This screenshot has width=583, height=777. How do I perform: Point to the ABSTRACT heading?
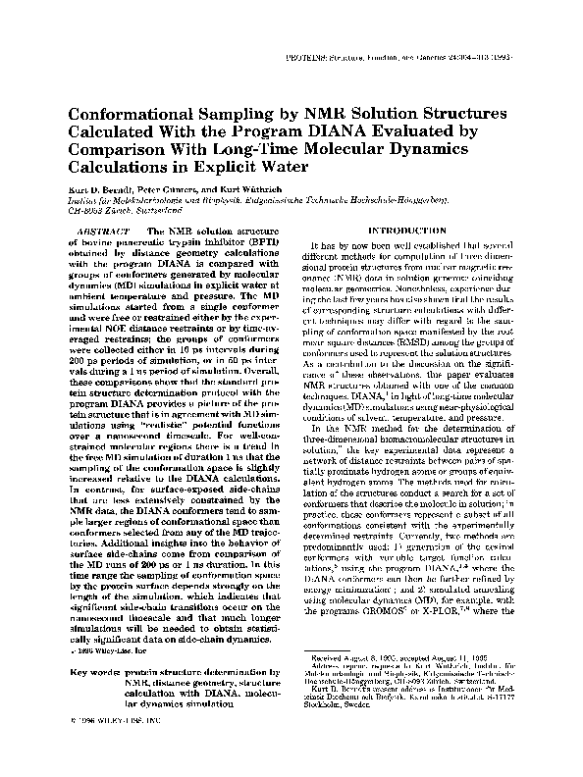click(x=97, y=229)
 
